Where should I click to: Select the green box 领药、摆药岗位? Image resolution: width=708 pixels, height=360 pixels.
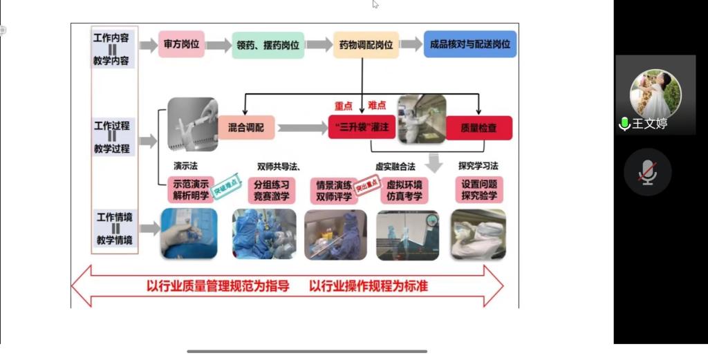click(266, 45)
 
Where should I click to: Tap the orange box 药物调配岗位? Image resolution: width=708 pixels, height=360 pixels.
click(366, 45)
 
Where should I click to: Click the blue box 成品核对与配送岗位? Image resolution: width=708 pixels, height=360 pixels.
click(469, 44)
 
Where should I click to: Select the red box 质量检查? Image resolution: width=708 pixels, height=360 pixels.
click(478, 127)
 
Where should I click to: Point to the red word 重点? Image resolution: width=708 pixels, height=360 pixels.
click(344, 106)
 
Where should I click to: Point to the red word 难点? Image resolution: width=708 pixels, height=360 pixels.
click(377, 104)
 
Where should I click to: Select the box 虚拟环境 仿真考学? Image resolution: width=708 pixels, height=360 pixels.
click(404, 190)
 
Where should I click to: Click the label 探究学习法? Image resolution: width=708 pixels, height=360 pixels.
click(478, 166)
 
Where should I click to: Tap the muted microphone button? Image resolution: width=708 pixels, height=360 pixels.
click(648, 172)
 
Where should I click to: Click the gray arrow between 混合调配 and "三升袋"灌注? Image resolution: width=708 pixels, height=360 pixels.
click(301, 128)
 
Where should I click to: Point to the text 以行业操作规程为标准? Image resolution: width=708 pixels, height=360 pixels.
click(368, 285)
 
